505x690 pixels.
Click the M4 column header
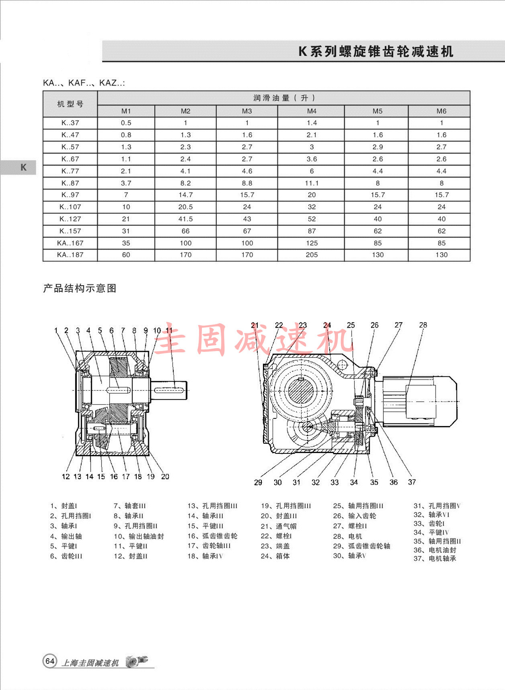click(x=312, y=111)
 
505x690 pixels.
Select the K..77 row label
click(x=70, y=171)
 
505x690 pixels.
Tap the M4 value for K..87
click(x=312, y=183)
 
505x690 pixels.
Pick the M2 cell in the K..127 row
click(x=185, y=219)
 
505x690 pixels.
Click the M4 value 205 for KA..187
click(x=312, y=255)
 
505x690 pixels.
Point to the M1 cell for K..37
click(x=126, y=123)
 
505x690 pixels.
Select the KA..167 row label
click(x=70, y=243)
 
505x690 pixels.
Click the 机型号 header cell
click(x=70, y=104)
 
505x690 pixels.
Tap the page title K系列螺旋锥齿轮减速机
click(x=376, y=51)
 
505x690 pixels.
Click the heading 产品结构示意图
click(x=79, y=288)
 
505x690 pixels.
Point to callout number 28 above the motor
click(x=423, y=325)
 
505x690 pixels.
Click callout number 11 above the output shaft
click(x=169, y=331)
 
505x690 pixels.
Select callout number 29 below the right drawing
click(x=258, y=482)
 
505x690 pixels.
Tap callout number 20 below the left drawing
click(x=165, y=477)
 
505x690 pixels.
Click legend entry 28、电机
click(x=348, y=536)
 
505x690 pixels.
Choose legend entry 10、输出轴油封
click(x=139, y=536)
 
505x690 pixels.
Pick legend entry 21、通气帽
click(x=279, y=526)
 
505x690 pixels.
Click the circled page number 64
click(x=50, y=661)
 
